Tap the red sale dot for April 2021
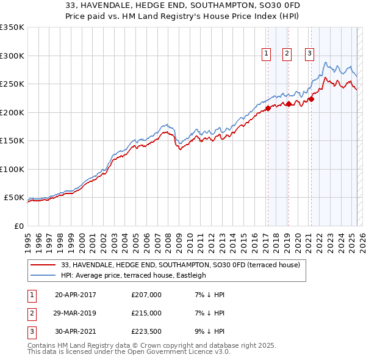click(310, 99)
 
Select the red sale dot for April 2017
click(267, 109)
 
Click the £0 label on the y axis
click(18, 226)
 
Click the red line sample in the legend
click(43, 265)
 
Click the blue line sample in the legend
click(43, 275)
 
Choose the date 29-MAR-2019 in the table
click(76, 312)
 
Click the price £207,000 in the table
click(146, 295)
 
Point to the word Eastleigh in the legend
click(192, 275)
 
